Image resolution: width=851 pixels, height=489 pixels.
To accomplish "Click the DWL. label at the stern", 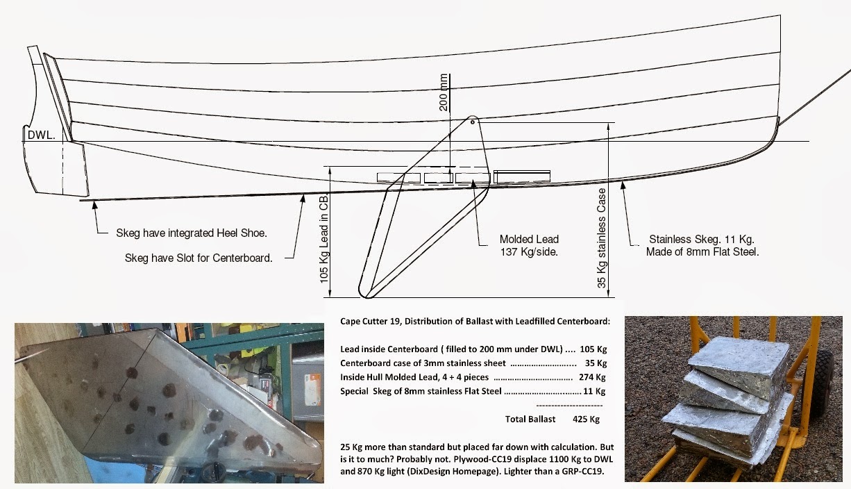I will point(40,135).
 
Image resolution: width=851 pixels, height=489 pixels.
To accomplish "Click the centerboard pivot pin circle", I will point(472,122).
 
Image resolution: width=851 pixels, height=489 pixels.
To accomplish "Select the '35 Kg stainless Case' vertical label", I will point(602,238).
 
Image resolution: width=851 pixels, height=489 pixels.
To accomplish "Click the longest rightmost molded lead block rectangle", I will point(522,177).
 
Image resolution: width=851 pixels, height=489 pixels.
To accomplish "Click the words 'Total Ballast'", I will point(530,419).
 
